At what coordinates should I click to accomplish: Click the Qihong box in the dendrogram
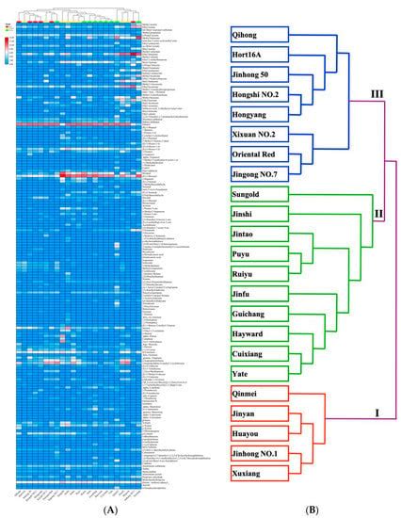click(253, 35)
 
